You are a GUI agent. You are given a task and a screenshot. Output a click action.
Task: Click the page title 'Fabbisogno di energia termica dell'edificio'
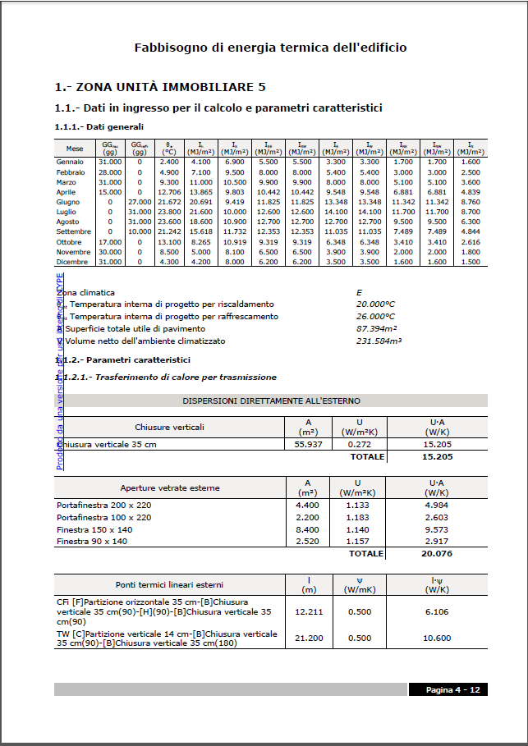click(270, 48)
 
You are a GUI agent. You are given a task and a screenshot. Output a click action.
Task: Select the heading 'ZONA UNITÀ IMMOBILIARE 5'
click(159, 87)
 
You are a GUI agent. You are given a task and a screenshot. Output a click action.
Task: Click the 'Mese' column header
click(75, 149)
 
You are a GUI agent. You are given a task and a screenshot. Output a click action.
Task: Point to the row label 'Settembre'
click(74, 232)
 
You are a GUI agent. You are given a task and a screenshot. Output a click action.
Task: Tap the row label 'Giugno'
click(68, 202)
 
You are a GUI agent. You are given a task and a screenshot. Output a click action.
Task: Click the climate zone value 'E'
click(359, 292)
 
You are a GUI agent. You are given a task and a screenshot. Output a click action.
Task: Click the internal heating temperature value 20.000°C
click(375, 304)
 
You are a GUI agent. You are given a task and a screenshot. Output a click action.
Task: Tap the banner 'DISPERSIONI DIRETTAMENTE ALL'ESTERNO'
click(271, 400)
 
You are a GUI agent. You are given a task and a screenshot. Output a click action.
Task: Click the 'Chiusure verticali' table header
click(170, 427)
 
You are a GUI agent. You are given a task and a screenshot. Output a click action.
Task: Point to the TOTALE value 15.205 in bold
click(438, 456)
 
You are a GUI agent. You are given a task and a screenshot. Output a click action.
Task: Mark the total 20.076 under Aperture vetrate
click(438, 554)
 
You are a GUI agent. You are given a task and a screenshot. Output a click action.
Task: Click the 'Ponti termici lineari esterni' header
click(170, 585)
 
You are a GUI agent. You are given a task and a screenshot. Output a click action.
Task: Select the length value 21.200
click(309, 638)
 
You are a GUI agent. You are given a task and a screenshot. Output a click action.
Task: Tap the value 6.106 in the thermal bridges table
click(438, 612)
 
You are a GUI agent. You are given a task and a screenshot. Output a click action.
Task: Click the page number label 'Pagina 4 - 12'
click(453, 689)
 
